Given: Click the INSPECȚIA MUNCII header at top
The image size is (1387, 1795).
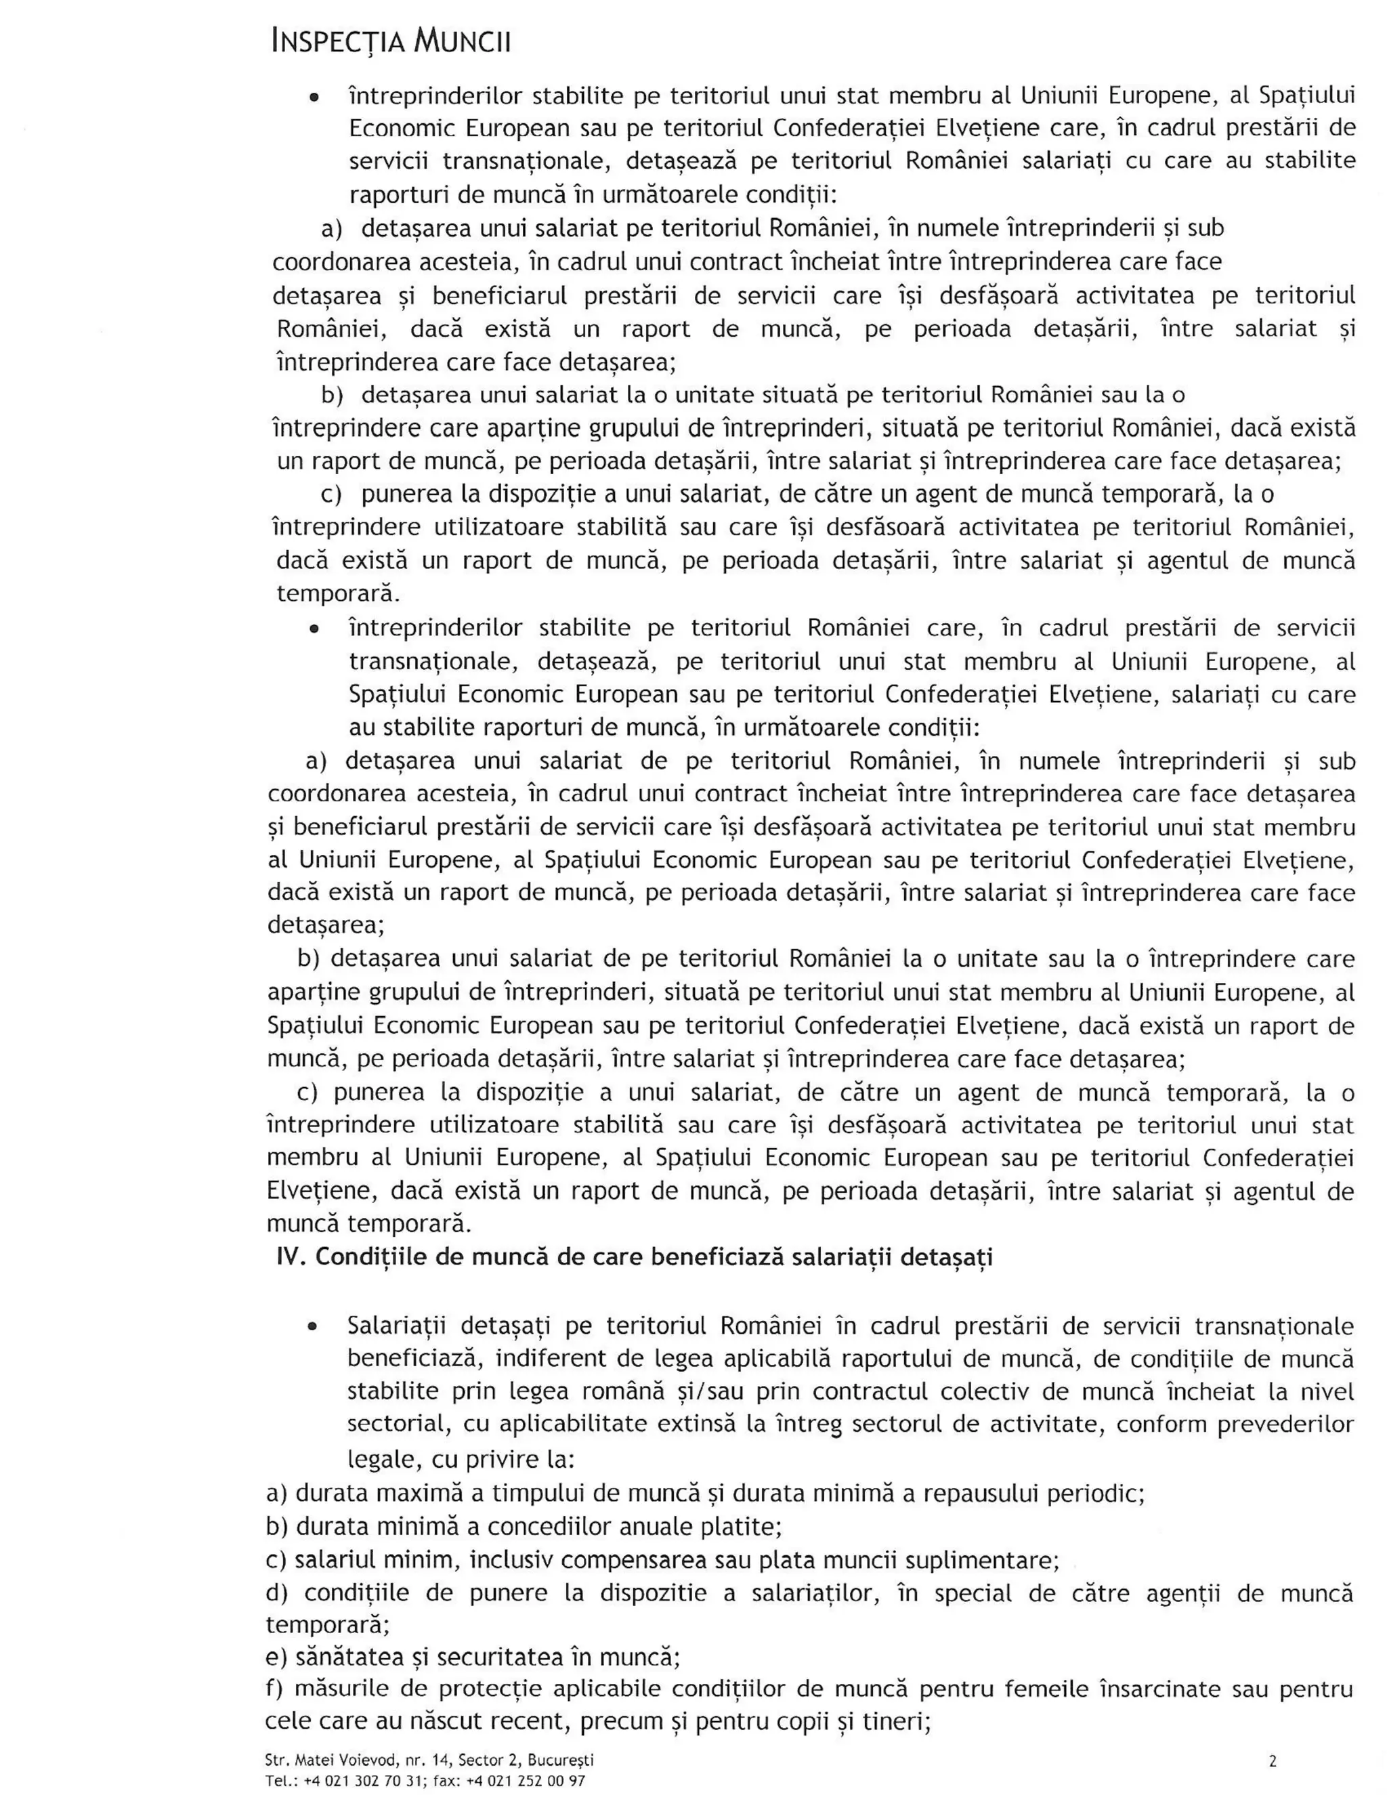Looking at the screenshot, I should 391,41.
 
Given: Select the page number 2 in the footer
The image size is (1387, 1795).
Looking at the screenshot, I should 1273,1760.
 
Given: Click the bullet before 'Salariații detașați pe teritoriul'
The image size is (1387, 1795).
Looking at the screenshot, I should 312,1328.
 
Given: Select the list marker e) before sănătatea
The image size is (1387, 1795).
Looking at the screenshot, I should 276,1656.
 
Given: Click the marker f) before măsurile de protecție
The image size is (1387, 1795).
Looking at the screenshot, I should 274,1689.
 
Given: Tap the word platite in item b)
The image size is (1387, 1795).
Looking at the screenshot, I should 743,1527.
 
